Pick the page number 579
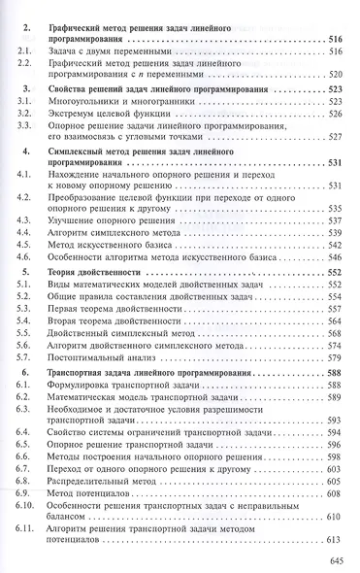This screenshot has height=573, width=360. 335,343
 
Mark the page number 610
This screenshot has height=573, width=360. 335,520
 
